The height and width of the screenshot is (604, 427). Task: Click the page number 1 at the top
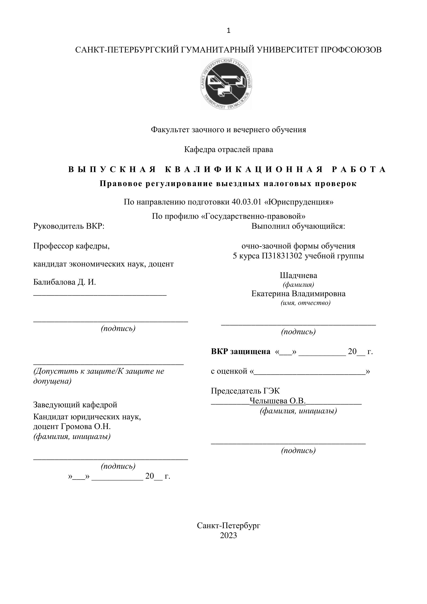[229, 31]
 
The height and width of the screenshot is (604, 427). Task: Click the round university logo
[226, 84]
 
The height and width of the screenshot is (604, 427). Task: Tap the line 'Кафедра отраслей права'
[229, 149]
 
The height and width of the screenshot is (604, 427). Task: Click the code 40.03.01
[247, 202]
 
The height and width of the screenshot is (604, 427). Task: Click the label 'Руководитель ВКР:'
[69, 226]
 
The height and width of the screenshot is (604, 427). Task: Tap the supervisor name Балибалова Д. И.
[64, 282]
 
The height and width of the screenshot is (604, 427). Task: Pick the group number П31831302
[282, 256]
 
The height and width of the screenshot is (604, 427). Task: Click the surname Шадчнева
[298, 275]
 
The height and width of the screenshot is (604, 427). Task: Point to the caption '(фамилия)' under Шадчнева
[298, 284]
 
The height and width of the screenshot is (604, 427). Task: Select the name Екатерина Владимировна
[298, 293]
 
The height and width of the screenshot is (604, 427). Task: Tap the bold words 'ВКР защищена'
[241, 351]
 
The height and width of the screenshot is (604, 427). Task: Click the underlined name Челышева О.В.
[277, 401]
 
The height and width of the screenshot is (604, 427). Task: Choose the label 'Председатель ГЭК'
[245, 391]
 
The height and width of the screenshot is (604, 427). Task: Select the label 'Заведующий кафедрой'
[75, 405]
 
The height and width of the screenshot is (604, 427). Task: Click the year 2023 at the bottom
[229, 535]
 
